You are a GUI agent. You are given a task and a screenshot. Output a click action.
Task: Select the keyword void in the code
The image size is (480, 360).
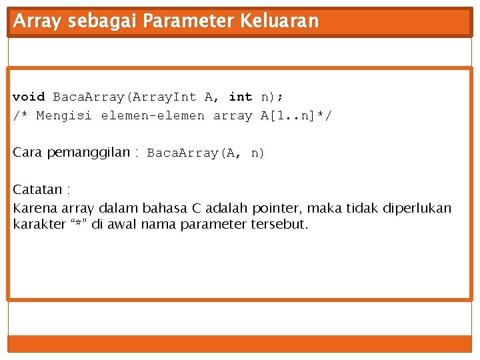[29, 97]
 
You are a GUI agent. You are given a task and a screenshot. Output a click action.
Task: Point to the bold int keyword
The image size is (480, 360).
[241, 97]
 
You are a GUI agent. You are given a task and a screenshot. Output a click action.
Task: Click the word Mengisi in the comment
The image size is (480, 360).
[65, 116]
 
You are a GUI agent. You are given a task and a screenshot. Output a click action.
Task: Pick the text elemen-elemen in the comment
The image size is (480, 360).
[153, 116]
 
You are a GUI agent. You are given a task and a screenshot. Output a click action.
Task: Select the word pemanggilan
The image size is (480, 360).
[89, 152]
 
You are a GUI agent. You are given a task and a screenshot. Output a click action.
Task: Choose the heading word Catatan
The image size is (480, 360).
[39, 190]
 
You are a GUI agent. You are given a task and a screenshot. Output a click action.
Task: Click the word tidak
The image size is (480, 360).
[363, 208]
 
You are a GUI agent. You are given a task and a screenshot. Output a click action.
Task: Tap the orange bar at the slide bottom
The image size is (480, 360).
[239, 343]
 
